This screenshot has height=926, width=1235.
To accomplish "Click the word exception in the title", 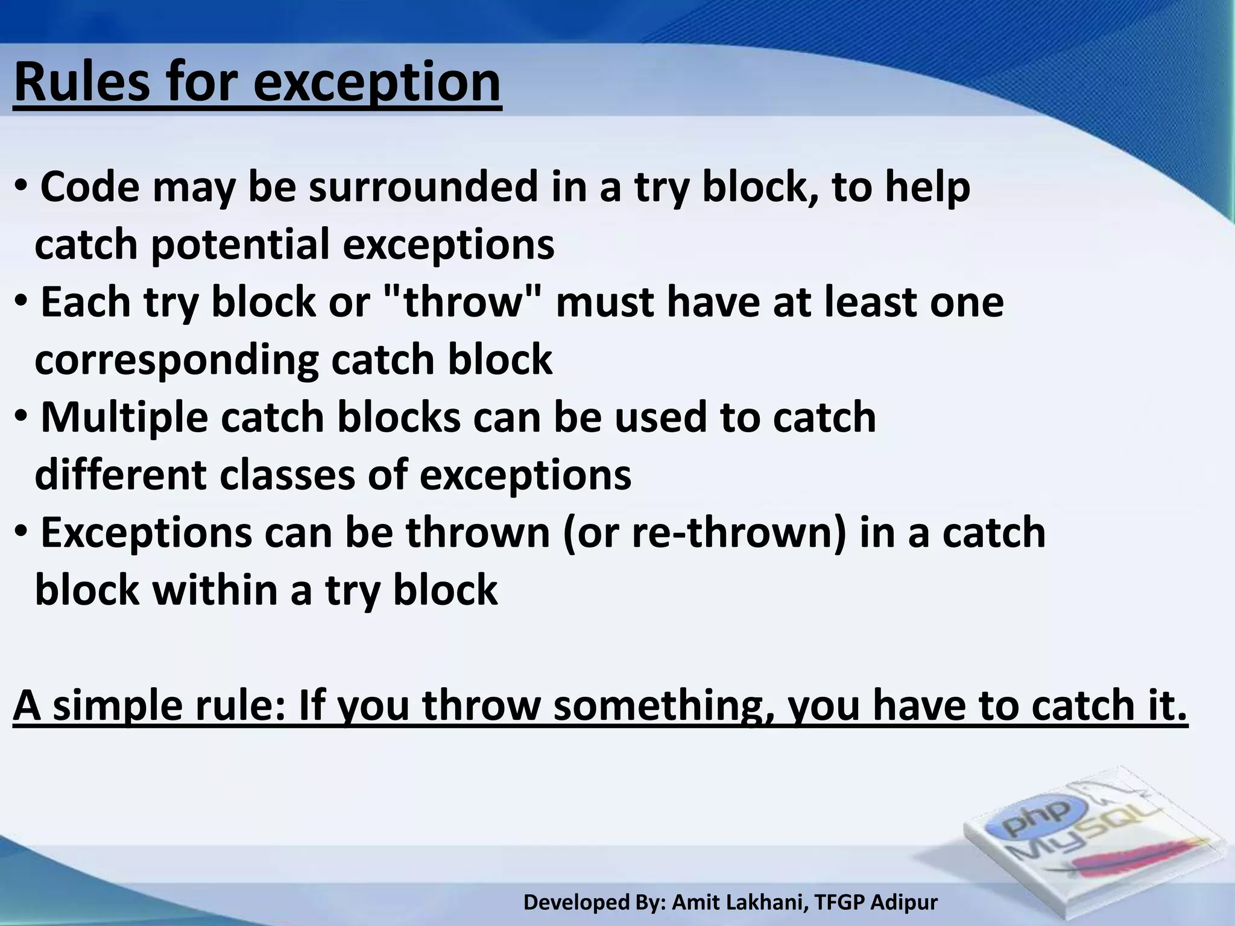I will coord(377,84).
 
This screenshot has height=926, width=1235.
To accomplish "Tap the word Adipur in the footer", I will coord(904,902).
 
